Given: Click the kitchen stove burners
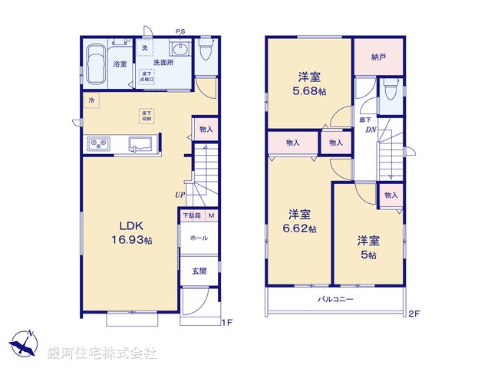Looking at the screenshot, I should click(99, 143).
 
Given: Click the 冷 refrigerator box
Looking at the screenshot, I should click(91, 99).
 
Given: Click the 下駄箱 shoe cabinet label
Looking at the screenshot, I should click(191, 215).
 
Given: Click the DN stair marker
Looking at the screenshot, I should click(370, 130).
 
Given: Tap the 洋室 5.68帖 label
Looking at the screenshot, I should click(308, 82).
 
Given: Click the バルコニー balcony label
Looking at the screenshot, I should click(335, 300).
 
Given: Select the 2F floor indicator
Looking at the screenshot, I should click(414, 313).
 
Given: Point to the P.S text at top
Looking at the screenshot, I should click(180, 31).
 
